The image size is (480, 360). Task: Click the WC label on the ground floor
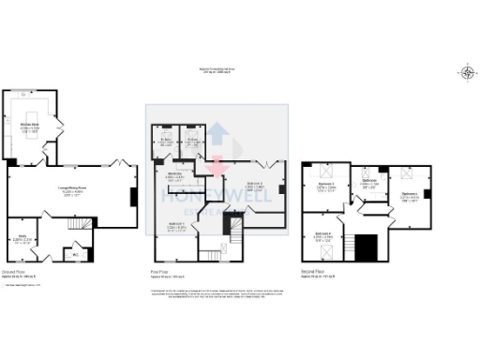point(74,252)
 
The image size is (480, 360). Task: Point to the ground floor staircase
point(83,223)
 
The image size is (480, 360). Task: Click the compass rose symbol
point(467,73)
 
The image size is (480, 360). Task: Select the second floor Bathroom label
point(368,182)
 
